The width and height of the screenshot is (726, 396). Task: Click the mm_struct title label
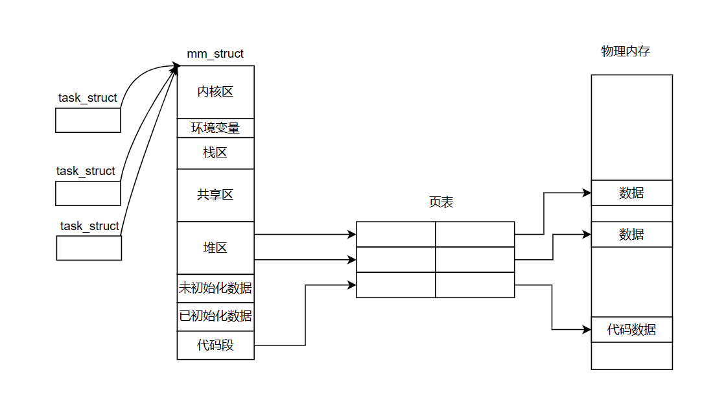click(x=215, y=54)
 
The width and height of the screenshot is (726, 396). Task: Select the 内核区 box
click(x=215, y=91)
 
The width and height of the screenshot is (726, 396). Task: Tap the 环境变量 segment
click(x=215, y=128)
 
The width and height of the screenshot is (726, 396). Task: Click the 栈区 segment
click(x=215, y=153)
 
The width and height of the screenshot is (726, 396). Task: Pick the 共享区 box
click(x=215, y=194)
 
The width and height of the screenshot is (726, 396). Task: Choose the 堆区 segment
click(x=215, y=248)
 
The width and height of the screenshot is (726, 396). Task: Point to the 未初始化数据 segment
click(x=215, y=288)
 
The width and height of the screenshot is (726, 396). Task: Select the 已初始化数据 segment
click(x=215, y=316)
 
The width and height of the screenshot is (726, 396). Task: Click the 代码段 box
click(x=215, y=345)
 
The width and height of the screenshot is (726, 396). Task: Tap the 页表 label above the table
click(x=441, y=202)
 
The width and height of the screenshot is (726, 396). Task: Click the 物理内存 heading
click(x=626, y=51)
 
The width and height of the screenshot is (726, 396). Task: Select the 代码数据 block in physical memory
click(x=631, y=329)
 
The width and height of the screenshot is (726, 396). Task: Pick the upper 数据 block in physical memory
click(x=631, y=192)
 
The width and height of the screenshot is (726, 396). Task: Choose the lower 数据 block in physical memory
click(x=631, y=234)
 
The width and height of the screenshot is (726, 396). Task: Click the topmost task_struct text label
click(x=88, y=98)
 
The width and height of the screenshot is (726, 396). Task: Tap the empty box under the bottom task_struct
click(x=89, y=248)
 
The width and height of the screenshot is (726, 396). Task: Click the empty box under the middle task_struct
click(x=88, y=193)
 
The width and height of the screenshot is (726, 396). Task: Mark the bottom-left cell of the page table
click(x=395, y=285)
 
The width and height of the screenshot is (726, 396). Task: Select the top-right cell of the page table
click(x=474, y=234)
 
